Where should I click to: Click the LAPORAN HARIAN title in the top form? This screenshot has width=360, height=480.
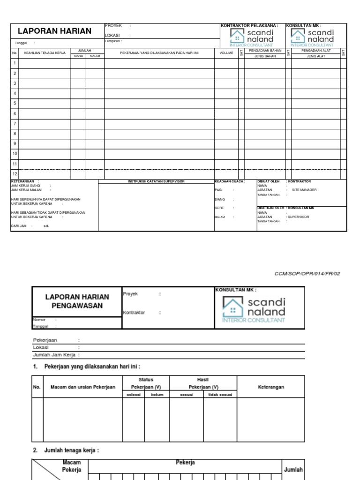[54, 31]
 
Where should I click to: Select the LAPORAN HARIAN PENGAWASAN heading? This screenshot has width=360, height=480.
[77, 301]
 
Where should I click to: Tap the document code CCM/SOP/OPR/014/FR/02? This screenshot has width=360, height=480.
[307, 274]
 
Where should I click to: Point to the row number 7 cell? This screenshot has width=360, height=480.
[15, 124]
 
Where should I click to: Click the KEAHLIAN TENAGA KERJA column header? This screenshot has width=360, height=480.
[45, 53]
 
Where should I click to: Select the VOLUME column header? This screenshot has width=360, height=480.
[226, 53]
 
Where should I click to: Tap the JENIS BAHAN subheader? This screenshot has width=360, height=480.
[265, 56]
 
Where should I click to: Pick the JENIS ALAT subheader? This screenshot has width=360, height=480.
[315, 56]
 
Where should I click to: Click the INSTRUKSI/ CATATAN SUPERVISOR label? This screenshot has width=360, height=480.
[156, 181]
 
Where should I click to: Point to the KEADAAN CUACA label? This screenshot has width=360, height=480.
[230, 181]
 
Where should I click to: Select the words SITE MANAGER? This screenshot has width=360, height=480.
[304, 190]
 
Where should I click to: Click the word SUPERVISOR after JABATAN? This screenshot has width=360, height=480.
[299, 217]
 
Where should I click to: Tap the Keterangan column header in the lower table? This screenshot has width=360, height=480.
[271, 387]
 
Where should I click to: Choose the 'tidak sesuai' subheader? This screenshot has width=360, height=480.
[219, 395]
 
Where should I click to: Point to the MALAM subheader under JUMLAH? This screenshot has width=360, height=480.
[95, 56]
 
